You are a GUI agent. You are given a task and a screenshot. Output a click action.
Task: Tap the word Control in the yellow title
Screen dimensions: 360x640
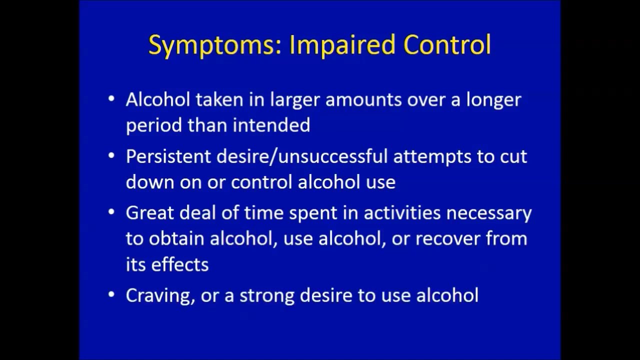click(447, 45)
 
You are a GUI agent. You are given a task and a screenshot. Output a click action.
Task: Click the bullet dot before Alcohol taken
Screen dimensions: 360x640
click(111, 99)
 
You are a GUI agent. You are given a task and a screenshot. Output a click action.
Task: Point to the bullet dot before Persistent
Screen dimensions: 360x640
click(111, 156)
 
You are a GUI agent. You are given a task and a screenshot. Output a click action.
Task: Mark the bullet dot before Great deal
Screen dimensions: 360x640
click(111, 212)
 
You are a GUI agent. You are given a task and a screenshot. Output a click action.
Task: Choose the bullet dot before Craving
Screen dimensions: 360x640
click(111, 294)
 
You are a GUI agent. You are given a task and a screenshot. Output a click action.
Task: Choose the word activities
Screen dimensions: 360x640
click(402, 213)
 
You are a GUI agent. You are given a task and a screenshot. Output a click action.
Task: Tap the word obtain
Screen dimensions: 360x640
click(176, 238)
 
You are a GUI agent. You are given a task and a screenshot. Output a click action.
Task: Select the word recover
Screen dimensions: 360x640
click(447, 238)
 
